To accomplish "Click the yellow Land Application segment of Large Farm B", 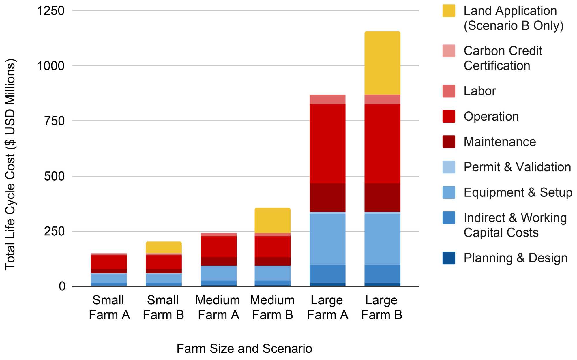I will point(382,63).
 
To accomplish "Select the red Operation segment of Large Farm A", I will point(327,144).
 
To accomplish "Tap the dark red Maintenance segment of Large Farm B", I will point(382,198).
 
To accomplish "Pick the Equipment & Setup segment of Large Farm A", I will point(327,239).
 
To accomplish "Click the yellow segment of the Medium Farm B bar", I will point(272,220).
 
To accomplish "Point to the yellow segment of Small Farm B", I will point(164,247).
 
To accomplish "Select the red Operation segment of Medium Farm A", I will point(218,247).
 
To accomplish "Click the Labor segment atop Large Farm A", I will point(327,99).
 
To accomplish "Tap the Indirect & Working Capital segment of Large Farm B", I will point(382,273).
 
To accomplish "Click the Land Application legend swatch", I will point(449,11).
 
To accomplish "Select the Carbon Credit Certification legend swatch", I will point(449,51).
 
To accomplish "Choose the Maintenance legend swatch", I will point(449,142).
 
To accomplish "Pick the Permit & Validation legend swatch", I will point(449,167).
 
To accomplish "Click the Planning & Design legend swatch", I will point(449,258).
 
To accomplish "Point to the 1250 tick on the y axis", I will point(51,11).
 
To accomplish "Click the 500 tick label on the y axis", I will point(54,176).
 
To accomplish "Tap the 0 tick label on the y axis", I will point(62,286).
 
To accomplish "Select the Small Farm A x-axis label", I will point(109,307).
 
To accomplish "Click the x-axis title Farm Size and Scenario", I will point(244,348).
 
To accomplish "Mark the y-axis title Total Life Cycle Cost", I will point(10,164).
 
